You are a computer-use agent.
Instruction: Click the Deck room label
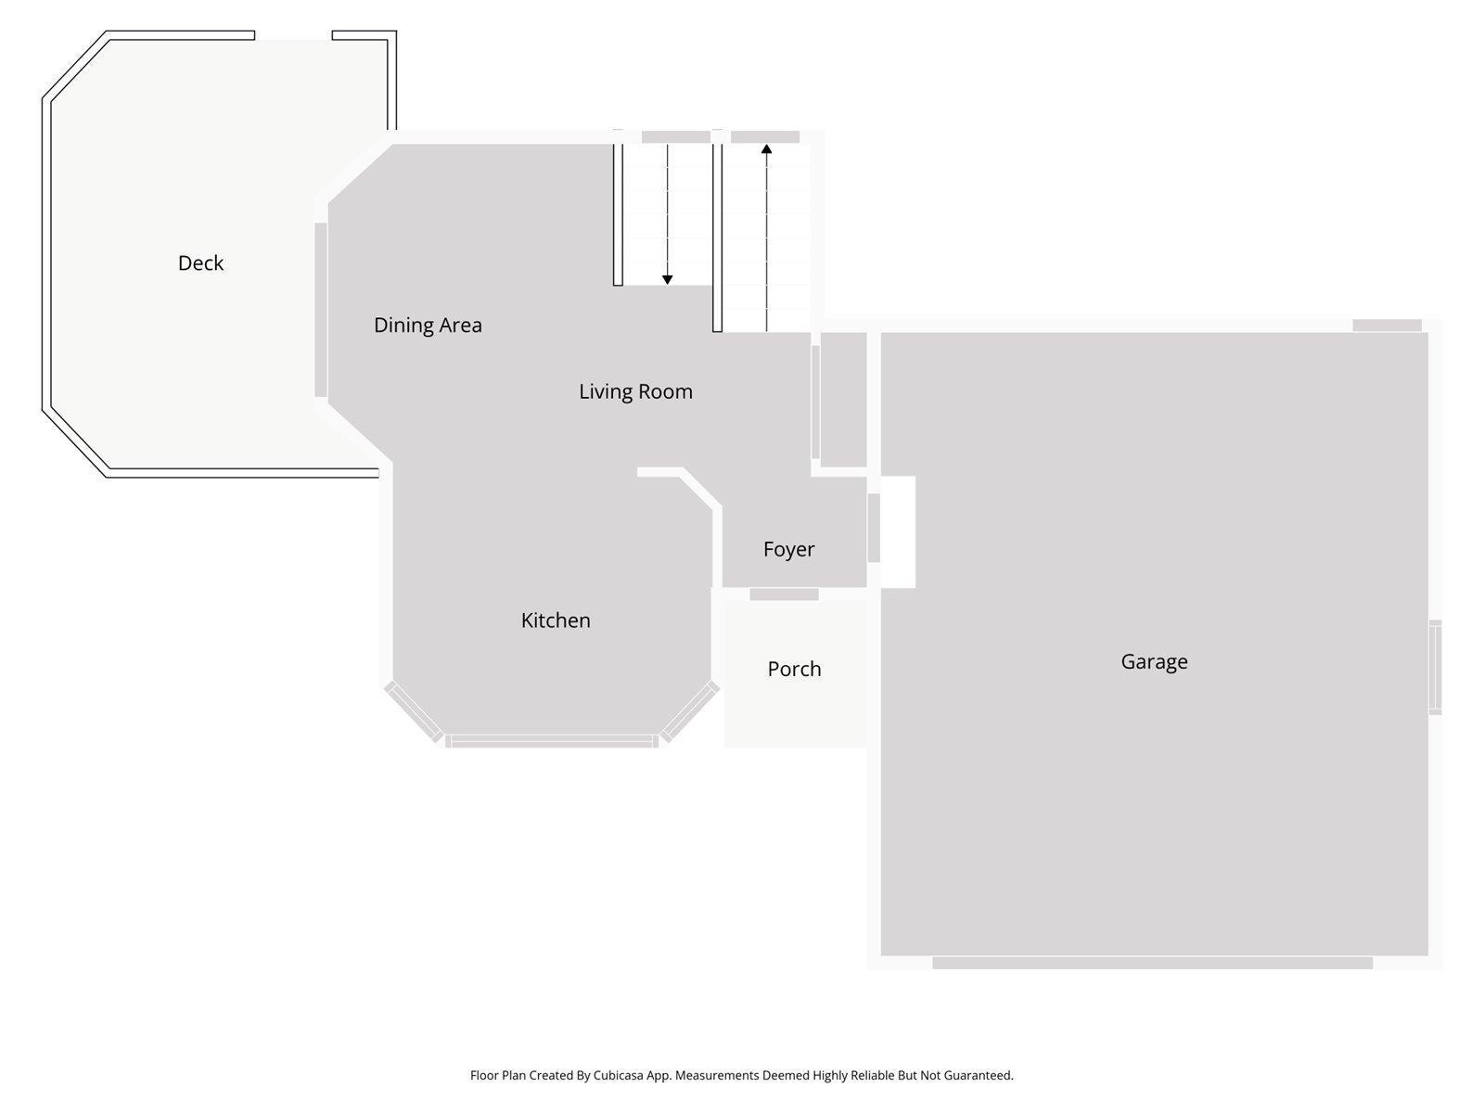click(200, 263)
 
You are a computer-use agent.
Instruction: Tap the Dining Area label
click(428, 326)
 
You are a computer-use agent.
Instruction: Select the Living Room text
click(635, 391)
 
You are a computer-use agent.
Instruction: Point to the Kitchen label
click(556, 620)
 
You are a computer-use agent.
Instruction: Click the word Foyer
click(788, 549)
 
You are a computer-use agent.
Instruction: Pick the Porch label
click(794, 669)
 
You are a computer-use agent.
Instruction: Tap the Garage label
click(1154, 661)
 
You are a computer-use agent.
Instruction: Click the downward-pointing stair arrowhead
click(667, 279)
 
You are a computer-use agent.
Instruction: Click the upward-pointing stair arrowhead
click(766, 148)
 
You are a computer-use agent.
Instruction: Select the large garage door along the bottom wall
click(1152, 964)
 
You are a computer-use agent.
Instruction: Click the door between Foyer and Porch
click(784, 595)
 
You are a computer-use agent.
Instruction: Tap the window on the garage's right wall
click(1435, 667)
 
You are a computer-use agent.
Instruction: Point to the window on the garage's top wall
click(1387, 326)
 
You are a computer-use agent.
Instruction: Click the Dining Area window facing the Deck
click(321, 310)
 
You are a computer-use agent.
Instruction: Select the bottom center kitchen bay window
click(552, 741)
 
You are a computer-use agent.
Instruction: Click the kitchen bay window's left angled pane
click(414, 711)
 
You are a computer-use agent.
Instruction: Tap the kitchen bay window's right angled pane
click(689, 711)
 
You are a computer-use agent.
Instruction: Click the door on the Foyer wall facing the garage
click(873, 528)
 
